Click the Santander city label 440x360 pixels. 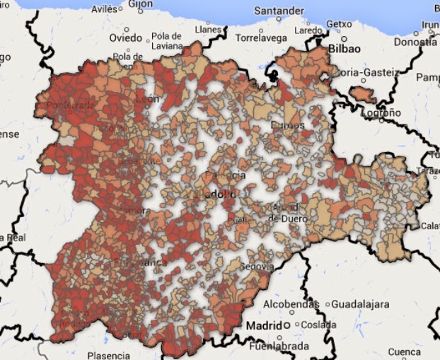[x=280, y=11]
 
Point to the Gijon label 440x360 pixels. [x=140, y=4]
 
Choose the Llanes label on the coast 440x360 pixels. [x=209, y=30]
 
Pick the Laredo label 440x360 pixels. [x=308, y=30]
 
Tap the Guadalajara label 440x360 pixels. [x=361, y=304]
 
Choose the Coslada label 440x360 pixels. [x=319, y=325]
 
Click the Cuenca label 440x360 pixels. [x=405, y=352]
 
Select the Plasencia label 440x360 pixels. [x=108, y=355]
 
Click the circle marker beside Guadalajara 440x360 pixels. [x=328, y=304]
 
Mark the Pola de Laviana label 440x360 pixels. [x=167, y=41]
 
